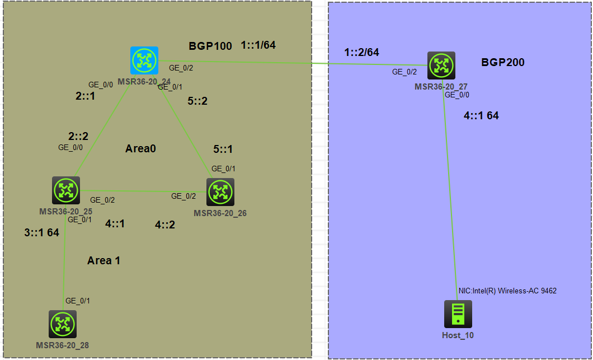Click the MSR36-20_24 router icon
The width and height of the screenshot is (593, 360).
pyautogui.click(x=144, y=60)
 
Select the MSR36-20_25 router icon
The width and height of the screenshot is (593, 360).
pyautogui.click(x=66, y=190)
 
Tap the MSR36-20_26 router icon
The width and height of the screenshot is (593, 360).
pyautogui.click(x=220, y=192)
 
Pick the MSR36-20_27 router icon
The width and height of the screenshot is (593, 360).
pyautogui.click(x=441, y=66)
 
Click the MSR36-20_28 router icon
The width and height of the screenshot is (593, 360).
pyautogui.click(x=62, y=324)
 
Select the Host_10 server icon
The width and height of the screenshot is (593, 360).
pyautogui.click(x=458, y=314)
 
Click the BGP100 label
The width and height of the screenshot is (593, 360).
pyautogui.click(x=210, y=46)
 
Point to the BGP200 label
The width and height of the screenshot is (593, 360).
pyautogui.click(x=503, y=62)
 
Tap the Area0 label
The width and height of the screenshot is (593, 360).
pyautogui.click(x=140, y=148)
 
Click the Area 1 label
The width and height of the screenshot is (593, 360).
pyautogui.click(x=103, y=260)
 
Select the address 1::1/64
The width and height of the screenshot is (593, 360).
pyautogui.click(x=258, y=45)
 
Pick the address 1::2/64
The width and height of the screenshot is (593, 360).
pyautogui.click(x=361, y=52)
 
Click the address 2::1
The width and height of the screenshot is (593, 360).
pyautogui.click(x=85, y=96)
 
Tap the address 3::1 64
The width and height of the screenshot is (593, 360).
pyautogui.click(x=41, y=232)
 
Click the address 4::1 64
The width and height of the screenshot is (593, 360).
pyautogui.click(x=481, y=116)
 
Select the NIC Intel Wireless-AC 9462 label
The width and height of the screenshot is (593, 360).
pyautogui.click(x=507, y=291)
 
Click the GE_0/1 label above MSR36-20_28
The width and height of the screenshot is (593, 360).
pyautogui.click(x=77, y=301)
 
